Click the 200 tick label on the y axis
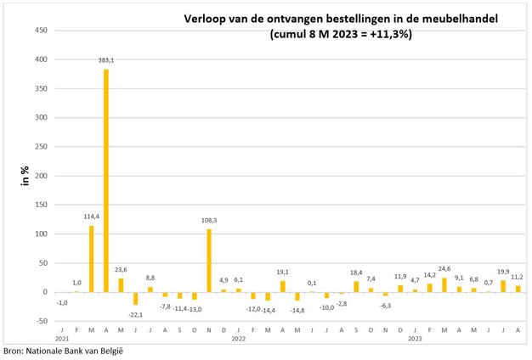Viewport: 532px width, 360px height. tap(40, 176)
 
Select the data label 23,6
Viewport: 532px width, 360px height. tap(120, 269)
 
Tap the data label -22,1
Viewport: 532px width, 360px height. tap(134, 314)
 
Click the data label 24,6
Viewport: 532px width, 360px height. tap(444, 268)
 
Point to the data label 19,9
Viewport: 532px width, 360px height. tap(503, 272)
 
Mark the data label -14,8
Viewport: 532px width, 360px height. tap(297, 310)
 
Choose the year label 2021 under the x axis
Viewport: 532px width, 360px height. tap(62, 337)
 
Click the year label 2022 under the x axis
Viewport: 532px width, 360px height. tap(238, 337)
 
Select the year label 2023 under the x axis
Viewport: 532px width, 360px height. tap(415, 337)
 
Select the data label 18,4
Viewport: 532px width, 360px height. tap(355, 273)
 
